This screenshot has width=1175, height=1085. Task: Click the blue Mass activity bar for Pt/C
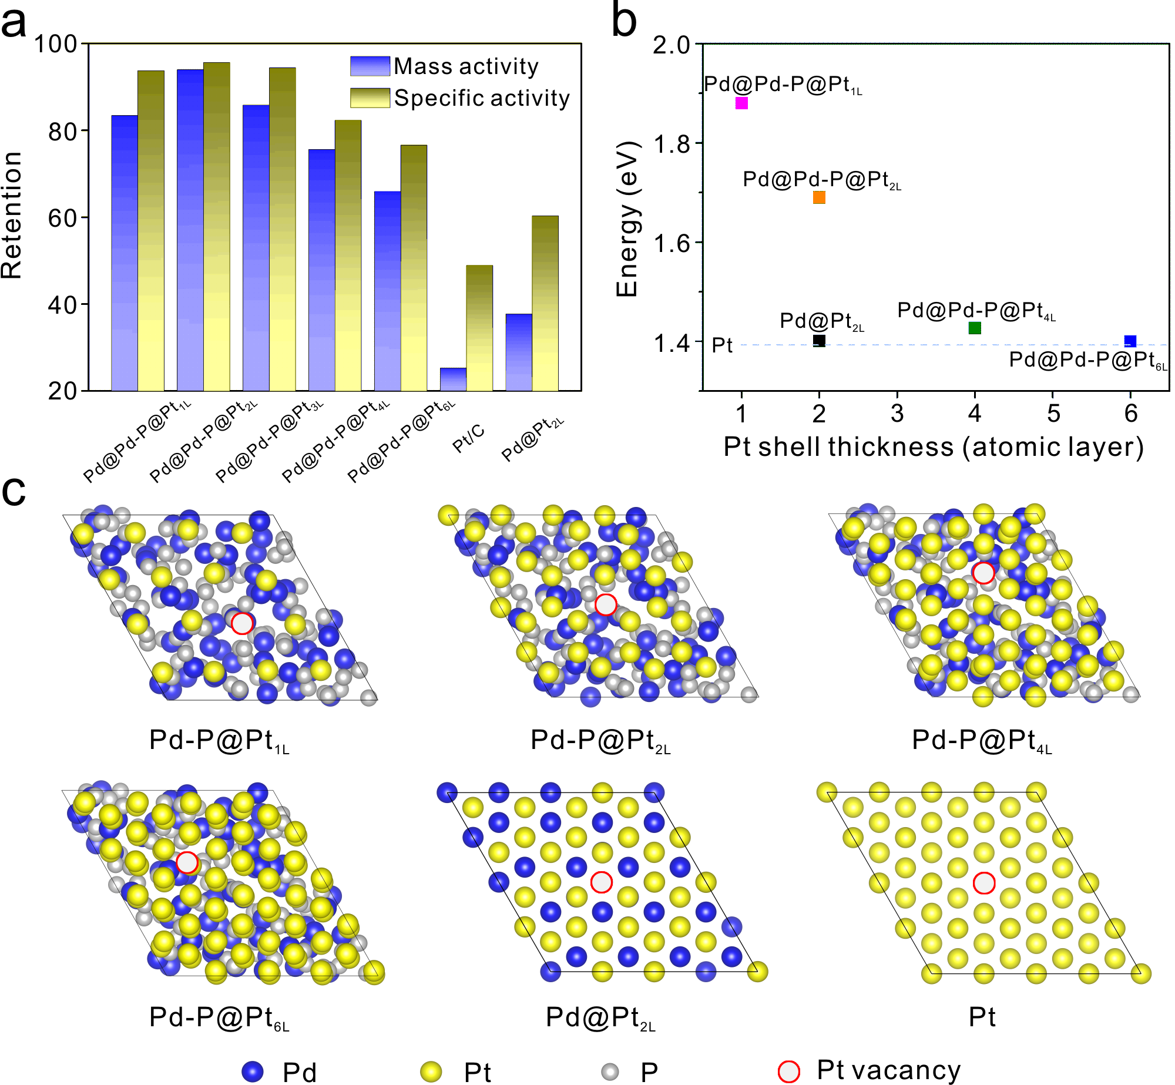pyautogui.click(x=453, y=379)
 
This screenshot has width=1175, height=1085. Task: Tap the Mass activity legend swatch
pyautogui.click(x=370, y=66)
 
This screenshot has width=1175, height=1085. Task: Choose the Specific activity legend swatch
pyautogui.click(x=370, y=98)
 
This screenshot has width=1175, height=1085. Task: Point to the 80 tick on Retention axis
pyautogui.click(x=63, y=131)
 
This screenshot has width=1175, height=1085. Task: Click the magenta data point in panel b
pyautogui.click(x=741, y=103)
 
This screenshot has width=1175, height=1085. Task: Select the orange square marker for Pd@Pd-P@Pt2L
pyautogui.click(x=819, y=197)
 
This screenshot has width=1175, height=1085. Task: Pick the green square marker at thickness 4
pyautogui.click(x=975, y=328)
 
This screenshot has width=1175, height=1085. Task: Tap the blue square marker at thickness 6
pyautogui.click(x=1130, y=341)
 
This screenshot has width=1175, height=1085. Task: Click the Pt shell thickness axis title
pyautogui.click(x=933, y=447)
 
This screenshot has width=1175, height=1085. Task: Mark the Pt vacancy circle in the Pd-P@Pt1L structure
pyautogui.click(x=242, y=623)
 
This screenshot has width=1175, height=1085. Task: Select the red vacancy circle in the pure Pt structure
pyautogui.click(x=984, y=883)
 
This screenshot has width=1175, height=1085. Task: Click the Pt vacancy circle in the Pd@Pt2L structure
pyautogui.click(x=602, y=882)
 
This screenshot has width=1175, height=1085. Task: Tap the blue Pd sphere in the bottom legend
pyautogui.click(x=253, y=1071)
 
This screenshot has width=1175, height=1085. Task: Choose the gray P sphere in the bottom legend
pyautogui.click(x=611, y=1071)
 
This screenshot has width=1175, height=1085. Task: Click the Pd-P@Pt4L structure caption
pyautogui.click(x=981, y=741)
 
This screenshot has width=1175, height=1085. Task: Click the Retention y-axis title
pyautogui.click(x=12, y=216)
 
